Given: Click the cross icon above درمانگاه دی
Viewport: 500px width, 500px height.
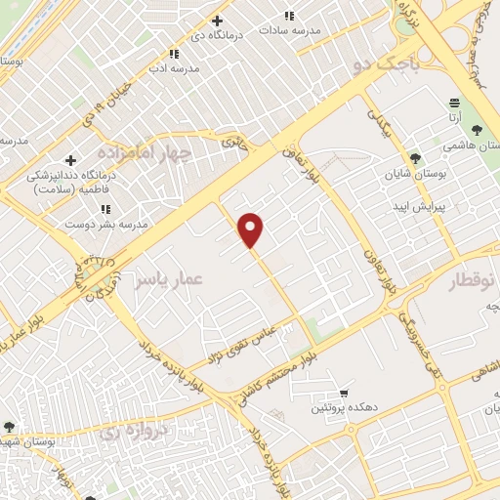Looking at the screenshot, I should [217, 21].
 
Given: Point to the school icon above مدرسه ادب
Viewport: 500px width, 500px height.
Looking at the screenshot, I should [174, 54].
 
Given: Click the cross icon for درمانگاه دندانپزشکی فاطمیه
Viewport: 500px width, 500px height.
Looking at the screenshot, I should [70, 160].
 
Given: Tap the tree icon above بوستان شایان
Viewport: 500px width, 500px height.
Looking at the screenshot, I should [415, 157].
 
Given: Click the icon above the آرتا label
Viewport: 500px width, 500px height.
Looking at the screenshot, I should [454, 103].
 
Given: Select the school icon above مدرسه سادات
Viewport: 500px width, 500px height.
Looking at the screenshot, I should [289, 16].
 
